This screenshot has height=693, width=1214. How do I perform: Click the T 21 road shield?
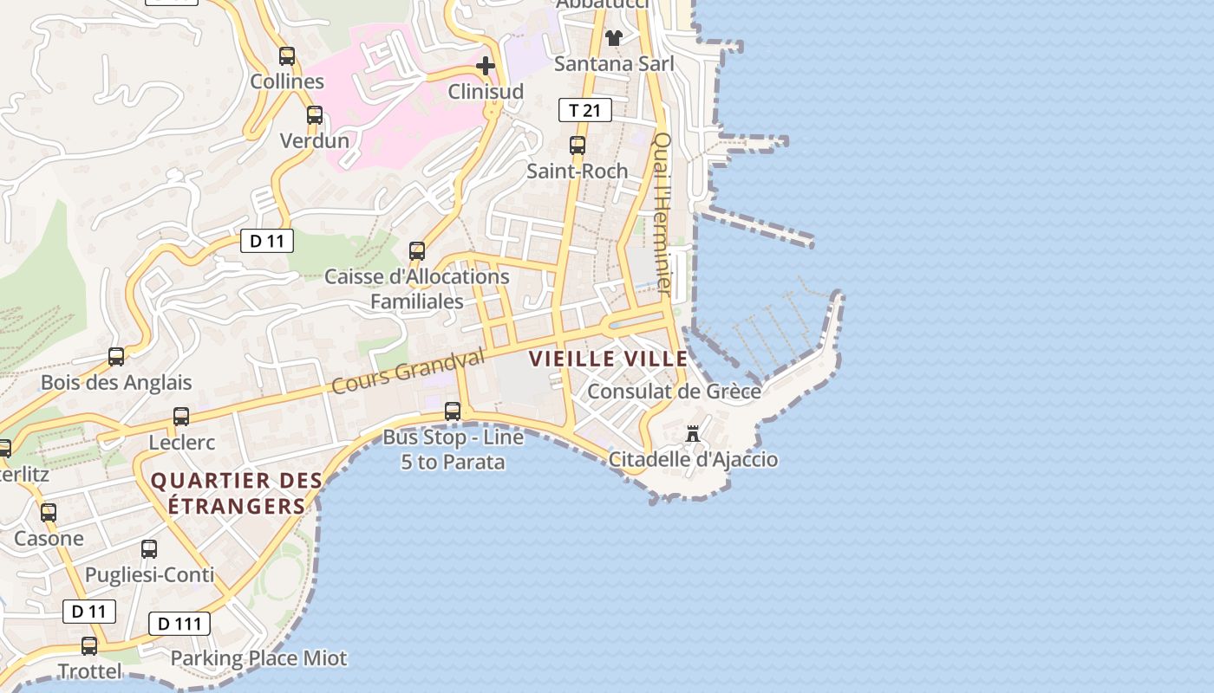[584, 110]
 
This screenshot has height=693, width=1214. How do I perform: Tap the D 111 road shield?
[179, 624]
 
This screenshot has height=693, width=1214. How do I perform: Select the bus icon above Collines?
[287, 56]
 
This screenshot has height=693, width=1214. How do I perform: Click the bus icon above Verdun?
[315, 115]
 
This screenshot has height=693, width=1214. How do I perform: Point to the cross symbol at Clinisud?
[486, 66]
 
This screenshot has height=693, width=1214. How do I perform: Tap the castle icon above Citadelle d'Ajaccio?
[693, 434]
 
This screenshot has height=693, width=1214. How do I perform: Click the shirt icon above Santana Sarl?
[614, 37]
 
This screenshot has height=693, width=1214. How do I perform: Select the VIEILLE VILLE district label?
[609, 359]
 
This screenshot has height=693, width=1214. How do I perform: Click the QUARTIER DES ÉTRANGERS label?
[237, 493]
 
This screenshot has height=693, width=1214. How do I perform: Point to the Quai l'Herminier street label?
[663, 212]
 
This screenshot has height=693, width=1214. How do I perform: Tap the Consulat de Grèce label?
[674, 392]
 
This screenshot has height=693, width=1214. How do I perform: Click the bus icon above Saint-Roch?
[578, 146]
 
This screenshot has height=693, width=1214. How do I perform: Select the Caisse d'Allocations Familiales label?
[417, 289]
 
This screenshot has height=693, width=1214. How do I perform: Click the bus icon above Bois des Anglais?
[116, 357]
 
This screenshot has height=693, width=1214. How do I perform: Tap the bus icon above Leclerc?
[181, 417]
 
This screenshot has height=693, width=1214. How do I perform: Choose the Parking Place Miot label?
[258, 658]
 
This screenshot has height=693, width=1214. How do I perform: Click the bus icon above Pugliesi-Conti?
[149, 549]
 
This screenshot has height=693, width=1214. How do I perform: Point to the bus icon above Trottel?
[89, 646]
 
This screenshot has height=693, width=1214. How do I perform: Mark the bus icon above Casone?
[49, 513]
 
